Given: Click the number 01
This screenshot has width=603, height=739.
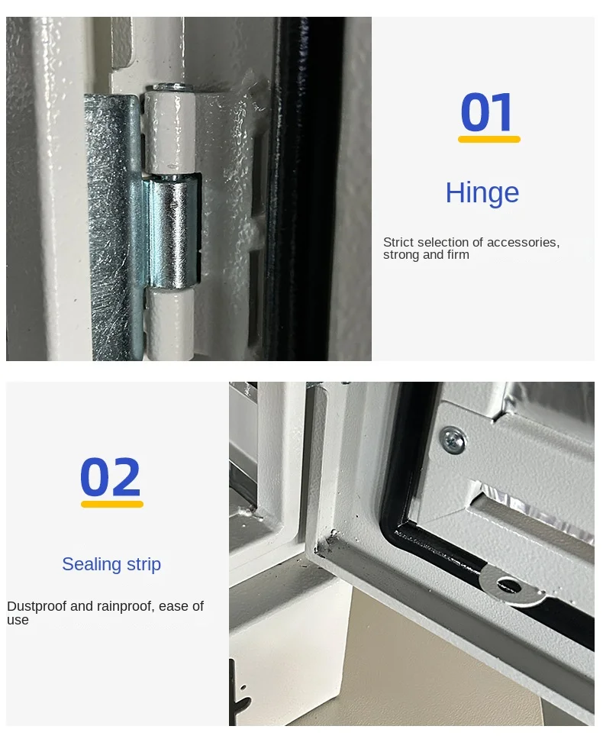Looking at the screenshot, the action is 486,112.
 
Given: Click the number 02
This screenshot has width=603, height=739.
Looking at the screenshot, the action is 110,476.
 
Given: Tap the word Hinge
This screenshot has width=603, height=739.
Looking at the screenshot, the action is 482,193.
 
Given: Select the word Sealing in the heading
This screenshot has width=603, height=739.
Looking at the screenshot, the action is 92,564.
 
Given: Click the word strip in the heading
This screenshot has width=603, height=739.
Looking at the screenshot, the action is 143,563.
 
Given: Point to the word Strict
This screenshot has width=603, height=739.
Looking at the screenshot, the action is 398,242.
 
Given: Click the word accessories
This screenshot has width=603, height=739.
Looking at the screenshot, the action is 523,243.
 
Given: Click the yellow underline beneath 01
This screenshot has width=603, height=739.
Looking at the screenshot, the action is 489,139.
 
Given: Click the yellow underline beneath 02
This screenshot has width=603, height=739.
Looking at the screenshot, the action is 112,505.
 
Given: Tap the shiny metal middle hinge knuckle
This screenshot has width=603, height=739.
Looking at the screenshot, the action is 173,231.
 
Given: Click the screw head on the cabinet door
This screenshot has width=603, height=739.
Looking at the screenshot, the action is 452,440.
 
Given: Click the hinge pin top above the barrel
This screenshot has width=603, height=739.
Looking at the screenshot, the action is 173,87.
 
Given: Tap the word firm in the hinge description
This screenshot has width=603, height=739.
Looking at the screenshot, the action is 459,254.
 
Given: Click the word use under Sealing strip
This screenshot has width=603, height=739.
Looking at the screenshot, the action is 18,620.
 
